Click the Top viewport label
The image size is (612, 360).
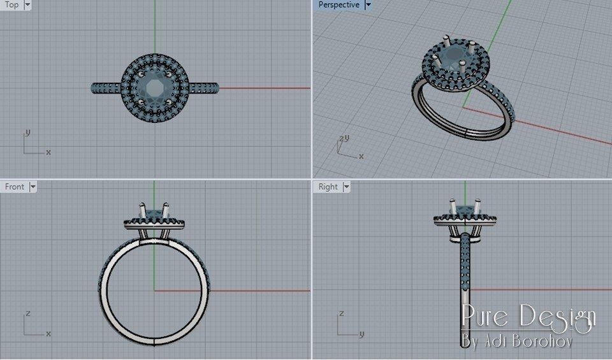11,4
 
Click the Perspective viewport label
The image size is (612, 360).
339,4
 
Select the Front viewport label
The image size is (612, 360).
14,187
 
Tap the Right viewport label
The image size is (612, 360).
328,187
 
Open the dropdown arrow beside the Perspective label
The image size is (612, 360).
368,4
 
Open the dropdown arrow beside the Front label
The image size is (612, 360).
33,187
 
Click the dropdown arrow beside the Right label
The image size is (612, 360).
346,187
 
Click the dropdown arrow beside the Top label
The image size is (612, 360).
27,4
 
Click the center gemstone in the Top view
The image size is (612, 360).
154,87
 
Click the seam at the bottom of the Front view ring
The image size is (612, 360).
154,340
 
